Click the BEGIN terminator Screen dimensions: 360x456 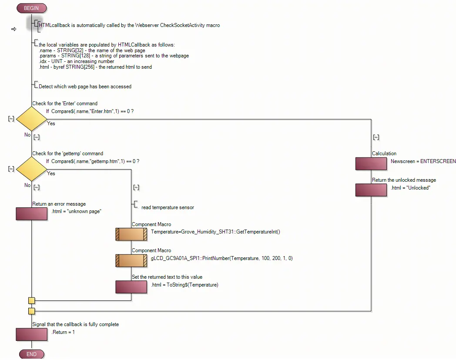click(31, 8)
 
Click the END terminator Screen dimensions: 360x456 click(31, 354)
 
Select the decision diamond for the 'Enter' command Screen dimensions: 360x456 click(32, 119)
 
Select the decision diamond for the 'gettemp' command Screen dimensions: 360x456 click(32, 169)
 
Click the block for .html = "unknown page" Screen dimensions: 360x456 click(31, 213)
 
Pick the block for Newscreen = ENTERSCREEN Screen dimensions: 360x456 click(371, 163)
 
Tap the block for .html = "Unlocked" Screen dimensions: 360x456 click(371, 190)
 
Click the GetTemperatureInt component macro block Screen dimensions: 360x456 click(131, 234)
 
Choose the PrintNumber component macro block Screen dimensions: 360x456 click(131, 260)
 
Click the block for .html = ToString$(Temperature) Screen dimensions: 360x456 click(131, 287)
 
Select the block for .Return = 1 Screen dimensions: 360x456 click(31, 334)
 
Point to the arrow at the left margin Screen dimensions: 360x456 click(13, 29)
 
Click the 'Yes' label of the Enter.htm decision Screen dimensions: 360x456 click(51, 123)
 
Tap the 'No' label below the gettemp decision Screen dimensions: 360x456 click(27, 185)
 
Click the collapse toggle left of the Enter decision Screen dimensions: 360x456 click(11, 119)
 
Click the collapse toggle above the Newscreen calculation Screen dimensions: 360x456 click(376, 137)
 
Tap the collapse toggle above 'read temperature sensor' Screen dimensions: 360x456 click(136, 187)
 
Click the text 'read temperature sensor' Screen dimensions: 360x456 click(168, 207)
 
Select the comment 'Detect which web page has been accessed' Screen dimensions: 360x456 click(85, 87)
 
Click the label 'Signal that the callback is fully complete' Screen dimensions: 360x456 click(75, 324)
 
